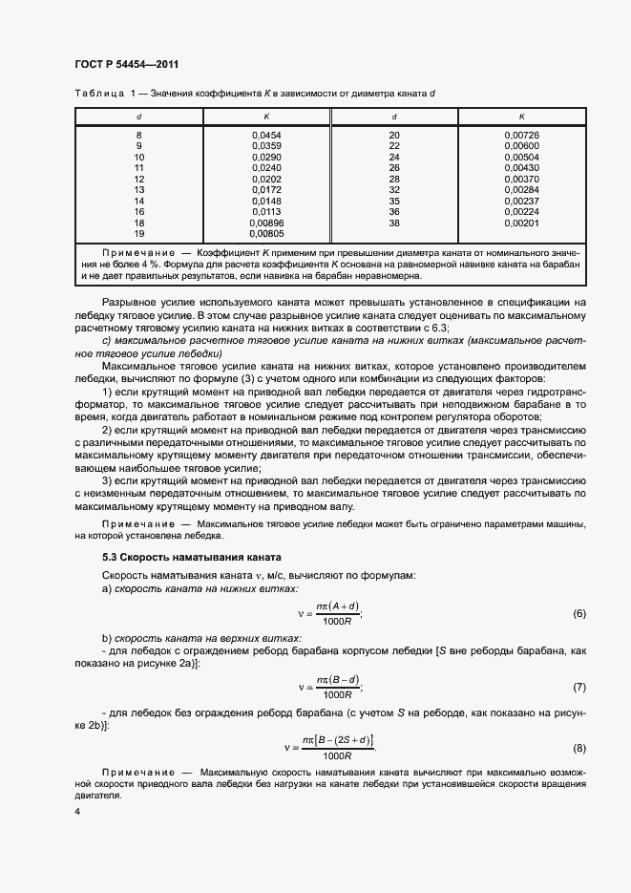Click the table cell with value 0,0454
coord(266,136)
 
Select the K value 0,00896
coord(266,223)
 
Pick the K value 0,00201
coord(521,223)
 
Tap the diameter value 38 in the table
coord(393,223)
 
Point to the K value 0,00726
coord(521,136)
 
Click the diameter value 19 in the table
coord(138,233)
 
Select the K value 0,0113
coord(266,211)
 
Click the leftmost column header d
coord(138,117)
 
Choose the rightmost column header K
coord(521,117)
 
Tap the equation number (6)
coord(578,612)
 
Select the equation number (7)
coord(578,687)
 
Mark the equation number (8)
coord(578,747)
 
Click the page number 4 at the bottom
coord(76,812)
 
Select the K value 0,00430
coord(521,168)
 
